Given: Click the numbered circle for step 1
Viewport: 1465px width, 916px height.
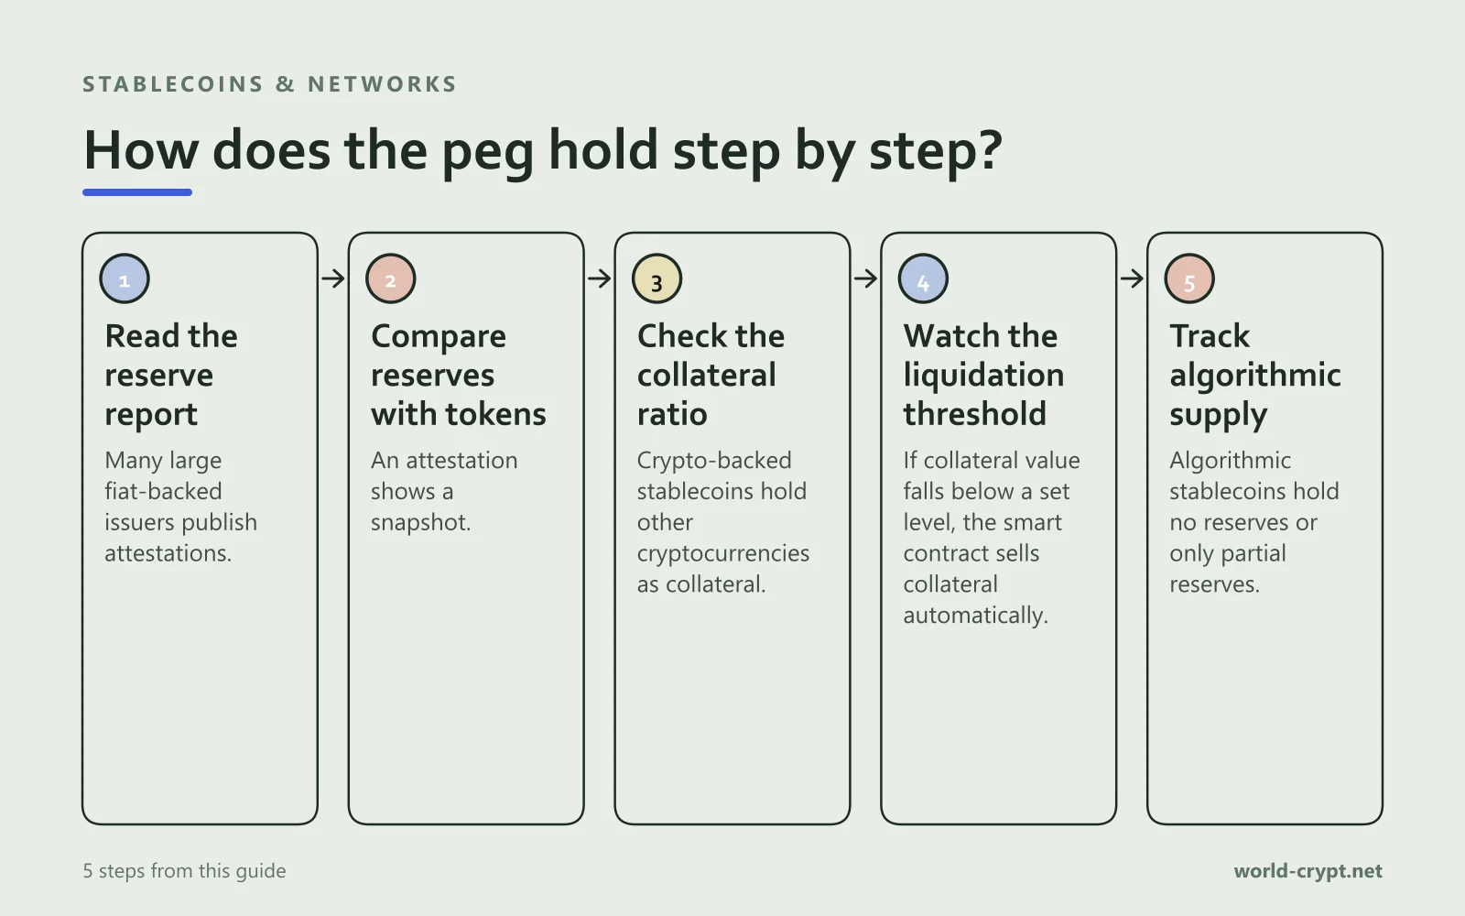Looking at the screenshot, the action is click(x=125, y=278).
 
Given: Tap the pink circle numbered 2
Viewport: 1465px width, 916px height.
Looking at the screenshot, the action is click(x=390, y=278).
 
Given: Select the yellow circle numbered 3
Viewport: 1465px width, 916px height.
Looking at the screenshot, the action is click(x=657, y=278).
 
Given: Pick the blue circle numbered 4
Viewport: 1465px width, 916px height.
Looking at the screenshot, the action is click(x=923, y=278).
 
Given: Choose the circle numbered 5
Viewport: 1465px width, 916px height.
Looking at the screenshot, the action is click(x=1189, y=278).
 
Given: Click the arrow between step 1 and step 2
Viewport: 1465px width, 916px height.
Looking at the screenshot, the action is click(x=333, y=278).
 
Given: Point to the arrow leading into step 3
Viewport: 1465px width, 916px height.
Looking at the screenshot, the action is click(x=599, y=278).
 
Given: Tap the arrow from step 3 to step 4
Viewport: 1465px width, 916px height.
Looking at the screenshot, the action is click(x=865, y=278).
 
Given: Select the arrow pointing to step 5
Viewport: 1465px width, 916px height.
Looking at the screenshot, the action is click(x=1132, y=278).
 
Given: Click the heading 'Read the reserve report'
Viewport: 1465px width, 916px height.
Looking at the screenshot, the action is click(x=171, y=376).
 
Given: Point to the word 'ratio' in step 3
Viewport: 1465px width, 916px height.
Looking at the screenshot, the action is click(x=672, y=414).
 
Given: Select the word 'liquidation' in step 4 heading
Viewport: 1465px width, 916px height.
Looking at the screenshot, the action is click(x=983, y=376).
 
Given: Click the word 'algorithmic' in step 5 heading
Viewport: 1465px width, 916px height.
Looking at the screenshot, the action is click(x=1255, y=376).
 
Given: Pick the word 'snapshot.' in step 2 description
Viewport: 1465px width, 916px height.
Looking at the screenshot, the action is click(x=420, y=523).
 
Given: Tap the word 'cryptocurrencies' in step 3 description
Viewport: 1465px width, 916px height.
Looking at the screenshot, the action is click(x=723, y=553).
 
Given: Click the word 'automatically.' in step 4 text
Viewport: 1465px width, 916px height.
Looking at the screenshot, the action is click(x=975, y=616).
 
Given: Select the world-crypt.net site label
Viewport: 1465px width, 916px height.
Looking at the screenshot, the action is click(x=1308, y=871).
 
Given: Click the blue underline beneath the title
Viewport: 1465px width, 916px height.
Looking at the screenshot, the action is click(x=137, y=192).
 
